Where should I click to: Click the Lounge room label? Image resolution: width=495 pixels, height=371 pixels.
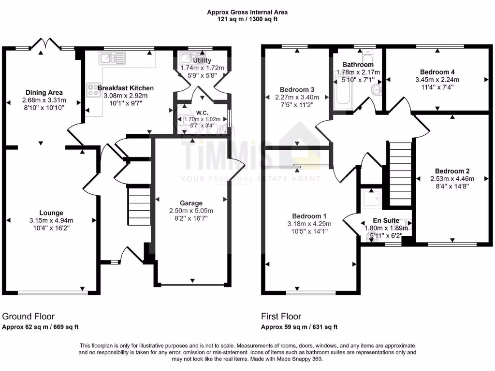pos(51,213)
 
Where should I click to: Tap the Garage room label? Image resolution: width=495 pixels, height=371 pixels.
pos(191,203)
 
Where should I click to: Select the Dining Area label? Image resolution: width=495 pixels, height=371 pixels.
pos(44,92)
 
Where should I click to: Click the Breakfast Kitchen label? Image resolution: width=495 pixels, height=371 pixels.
pos(126,88)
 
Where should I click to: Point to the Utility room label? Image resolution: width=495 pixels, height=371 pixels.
pos(202,61)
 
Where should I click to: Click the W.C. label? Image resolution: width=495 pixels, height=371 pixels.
pos(202,112)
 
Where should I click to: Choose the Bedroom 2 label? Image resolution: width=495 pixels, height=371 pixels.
pos(452,171)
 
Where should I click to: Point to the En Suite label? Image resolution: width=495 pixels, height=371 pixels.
pos(386,220)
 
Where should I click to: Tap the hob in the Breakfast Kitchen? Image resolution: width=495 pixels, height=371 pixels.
pos(92,89)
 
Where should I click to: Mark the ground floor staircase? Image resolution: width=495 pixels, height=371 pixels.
pos(139,205)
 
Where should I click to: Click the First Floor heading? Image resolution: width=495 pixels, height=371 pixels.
pos(281,316)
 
